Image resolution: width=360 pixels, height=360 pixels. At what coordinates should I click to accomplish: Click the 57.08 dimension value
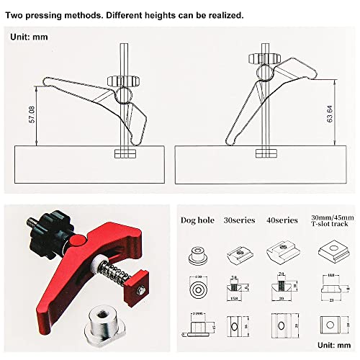click(x=31, y=113)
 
